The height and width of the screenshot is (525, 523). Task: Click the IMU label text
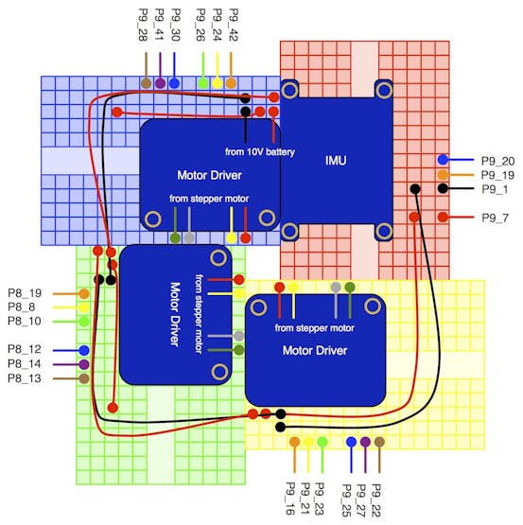(336, 161)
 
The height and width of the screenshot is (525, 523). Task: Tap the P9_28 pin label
(143, 25)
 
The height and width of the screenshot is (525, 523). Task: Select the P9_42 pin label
(234, 25)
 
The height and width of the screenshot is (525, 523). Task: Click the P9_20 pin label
(497, 161)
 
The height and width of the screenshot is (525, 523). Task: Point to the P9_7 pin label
(496, 218)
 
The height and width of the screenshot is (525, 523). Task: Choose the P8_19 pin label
(25, 293)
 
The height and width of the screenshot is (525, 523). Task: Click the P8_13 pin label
(25, 378)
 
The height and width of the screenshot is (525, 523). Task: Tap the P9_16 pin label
(290, 499)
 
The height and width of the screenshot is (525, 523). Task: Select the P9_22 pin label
(376, 500)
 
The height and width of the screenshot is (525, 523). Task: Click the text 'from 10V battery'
(260, 152)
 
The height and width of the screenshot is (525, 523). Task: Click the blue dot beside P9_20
(443, 160)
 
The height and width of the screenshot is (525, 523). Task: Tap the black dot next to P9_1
(443, 188)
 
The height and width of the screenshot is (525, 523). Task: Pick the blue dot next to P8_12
(84, 350)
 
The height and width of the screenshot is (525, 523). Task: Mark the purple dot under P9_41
(160, 82)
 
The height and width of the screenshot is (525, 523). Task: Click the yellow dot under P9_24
(217, 82)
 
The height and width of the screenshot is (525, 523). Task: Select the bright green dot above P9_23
(323, 442)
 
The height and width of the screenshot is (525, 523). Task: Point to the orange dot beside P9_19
(443, 174)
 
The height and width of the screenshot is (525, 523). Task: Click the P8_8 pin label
(21, 307)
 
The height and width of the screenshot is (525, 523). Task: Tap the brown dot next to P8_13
(84, 378)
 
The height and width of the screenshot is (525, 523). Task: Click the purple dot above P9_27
(365, 442)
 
